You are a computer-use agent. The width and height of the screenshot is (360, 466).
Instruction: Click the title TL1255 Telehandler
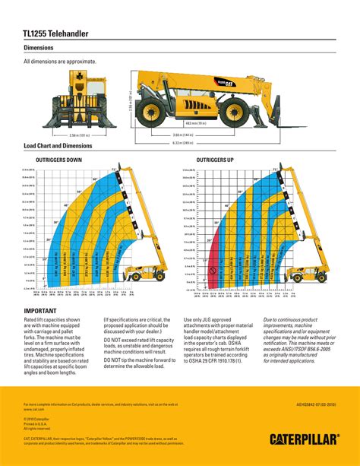56,34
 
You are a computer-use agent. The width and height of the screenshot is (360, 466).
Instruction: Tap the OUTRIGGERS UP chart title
215,161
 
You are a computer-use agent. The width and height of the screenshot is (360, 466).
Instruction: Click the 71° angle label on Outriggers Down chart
114,169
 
